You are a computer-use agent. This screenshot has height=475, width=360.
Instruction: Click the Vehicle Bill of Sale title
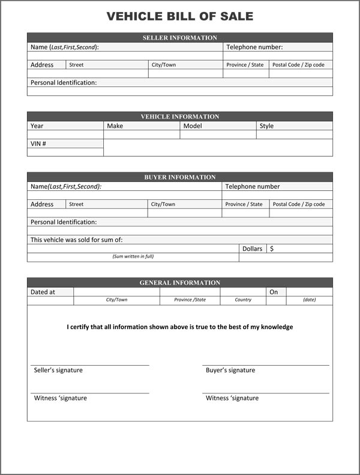[x=180, y=16]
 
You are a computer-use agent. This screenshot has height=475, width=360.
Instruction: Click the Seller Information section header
[x=180, y=38]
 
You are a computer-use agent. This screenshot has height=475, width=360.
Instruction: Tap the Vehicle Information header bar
[x=180, y=116]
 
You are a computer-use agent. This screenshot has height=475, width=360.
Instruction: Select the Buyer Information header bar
[x=180, y=177]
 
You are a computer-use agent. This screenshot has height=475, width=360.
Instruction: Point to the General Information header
[x=180, y=282]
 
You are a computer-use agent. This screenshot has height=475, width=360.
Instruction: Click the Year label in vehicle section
[x=37, y=126]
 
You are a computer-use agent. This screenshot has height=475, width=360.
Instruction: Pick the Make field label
[x=115, y=126]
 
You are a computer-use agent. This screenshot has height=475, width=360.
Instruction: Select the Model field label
[x=193, y=126]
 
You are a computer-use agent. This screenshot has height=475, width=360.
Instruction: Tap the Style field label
[x=266, y=126]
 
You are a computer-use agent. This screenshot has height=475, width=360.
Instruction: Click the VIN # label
[x=38, y=144]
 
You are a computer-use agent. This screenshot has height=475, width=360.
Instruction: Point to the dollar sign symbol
[x=272, y=249]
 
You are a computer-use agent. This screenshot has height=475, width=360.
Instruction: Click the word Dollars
[x=253, y=249]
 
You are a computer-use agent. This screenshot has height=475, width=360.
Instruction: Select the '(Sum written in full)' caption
[x=133, y=256]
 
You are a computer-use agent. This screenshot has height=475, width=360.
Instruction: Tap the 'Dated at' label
[x=43, y=292]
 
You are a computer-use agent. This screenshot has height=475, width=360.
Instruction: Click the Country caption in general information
[x=243, y=300]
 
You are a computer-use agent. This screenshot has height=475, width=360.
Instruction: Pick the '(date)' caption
[x=309, y=300]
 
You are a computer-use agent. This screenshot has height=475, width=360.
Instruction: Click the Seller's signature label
[x=58, y=371]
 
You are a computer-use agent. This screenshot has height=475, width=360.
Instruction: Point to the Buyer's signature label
[x=230, y=371]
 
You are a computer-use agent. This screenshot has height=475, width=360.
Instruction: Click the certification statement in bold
[x=180, y=327]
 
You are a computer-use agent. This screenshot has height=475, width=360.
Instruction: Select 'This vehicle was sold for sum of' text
[x=77, y=240]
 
